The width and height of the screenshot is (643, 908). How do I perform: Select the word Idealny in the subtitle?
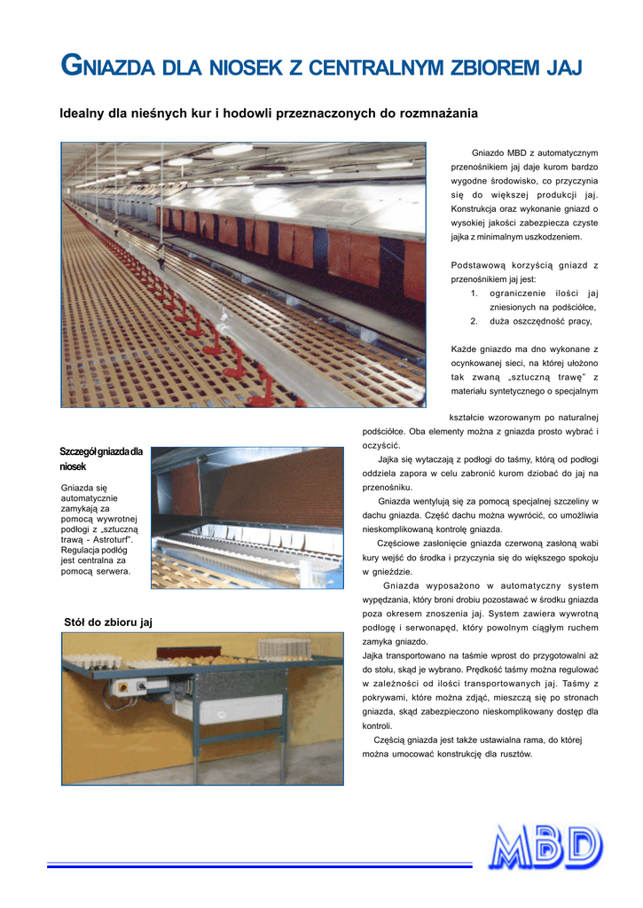(82, 113)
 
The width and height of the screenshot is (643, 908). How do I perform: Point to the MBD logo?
(547, 848)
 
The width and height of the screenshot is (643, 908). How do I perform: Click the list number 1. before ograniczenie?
(474, 293)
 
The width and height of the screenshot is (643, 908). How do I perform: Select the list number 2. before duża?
(474, 321)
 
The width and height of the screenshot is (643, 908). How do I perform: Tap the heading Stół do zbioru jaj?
(108, 622)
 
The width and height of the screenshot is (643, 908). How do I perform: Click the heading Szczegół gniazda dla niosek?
(101, 458)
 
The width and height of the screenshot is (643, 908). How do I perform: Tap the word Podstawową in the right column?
(482, 265)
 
